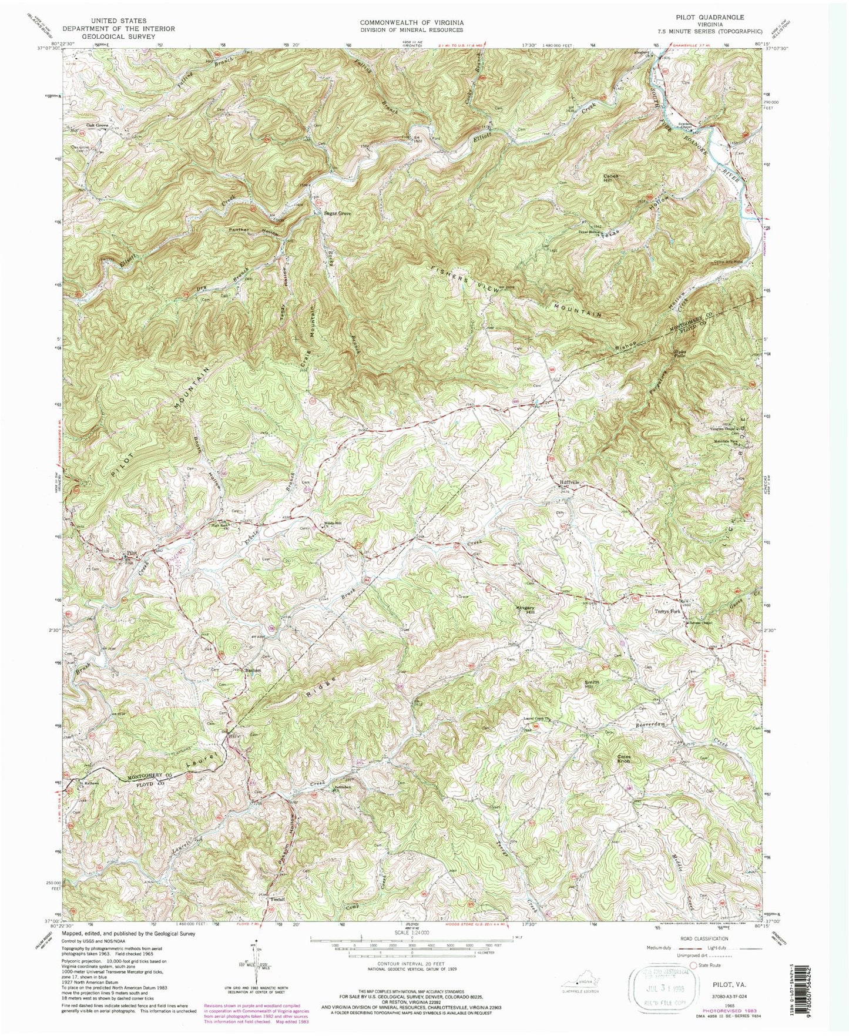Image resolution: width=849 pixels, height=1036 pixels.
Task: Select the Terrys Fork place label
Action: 667,612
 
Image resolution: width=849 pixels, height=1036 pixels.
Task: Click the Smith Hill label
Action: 592,685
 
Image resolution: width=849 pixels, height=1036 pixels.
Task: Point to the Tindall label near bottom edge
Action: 277,900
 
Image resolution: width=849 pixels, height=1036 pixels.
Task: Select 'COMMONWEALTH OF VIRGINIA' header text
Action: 411,21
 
